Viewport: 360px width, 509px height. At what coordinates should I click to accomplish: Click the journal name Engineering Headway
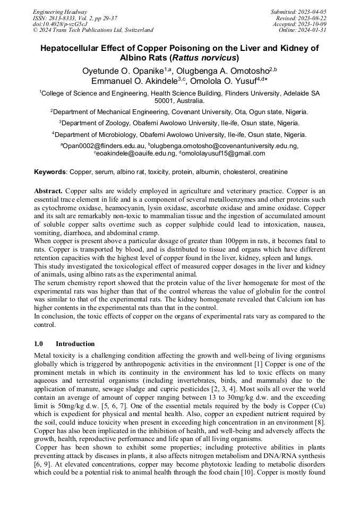coord(60,12)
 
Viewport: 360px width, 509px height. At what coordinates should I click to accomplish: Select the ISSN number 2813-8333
coord(63,18)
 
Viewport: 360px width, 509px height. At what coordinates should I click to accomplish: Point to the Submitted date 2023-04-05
coord(312,12)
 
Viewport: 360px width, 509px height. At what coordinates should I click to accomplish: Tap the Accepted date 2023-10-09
coord(312,24)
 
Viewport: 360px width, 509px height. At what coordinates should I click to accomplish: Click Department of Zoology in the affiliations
coord(97,123)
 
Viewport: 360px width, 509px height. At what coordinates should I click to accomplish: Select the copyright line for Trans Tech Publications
coord(93,30)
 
